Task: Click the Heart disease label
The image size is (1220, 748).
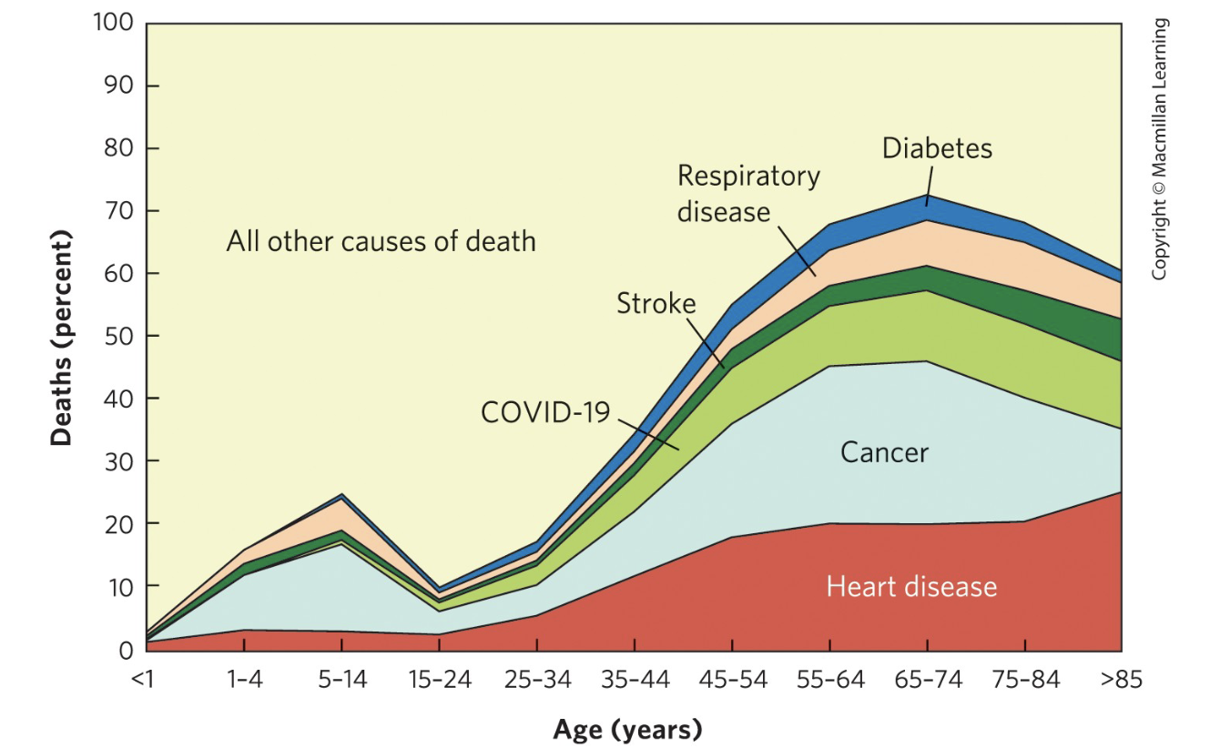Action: click(911, 586)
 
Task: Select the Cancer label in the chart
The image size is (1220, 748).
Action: click(884, 452)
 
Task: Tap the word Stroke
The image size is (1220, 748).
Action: click(656, 303)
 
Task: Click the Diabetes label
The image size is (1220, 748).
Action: click(937, 148)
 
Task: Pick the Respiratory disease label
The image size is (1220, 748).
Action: click(748, 193)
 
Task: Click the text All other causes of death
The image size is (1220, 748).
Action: click(381, 242)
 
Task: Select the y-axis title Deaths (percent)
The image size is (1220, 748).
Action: click(61, 336)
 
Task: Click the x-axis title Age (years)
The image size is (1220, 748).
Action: click(627, 729)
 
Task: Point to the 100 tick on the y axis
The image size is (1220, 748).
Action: click(115, 24)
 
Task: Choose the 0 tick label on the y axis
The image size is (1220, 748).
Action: click(127, 650)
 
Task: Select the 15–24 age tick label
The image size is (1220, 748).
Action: click(440, 681)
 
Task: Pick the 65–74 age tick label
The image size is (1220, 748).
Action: click(928, 681)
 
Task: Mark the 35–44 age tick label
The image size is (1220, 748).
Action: click(635, 681)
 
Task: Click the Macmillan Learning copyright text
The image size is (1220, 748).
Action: click(1159, 150)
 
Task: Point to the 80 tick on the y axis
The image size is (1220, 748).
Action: click(120, 148)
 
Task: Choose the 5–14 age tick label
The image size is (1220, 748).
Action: click(341, 681)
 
